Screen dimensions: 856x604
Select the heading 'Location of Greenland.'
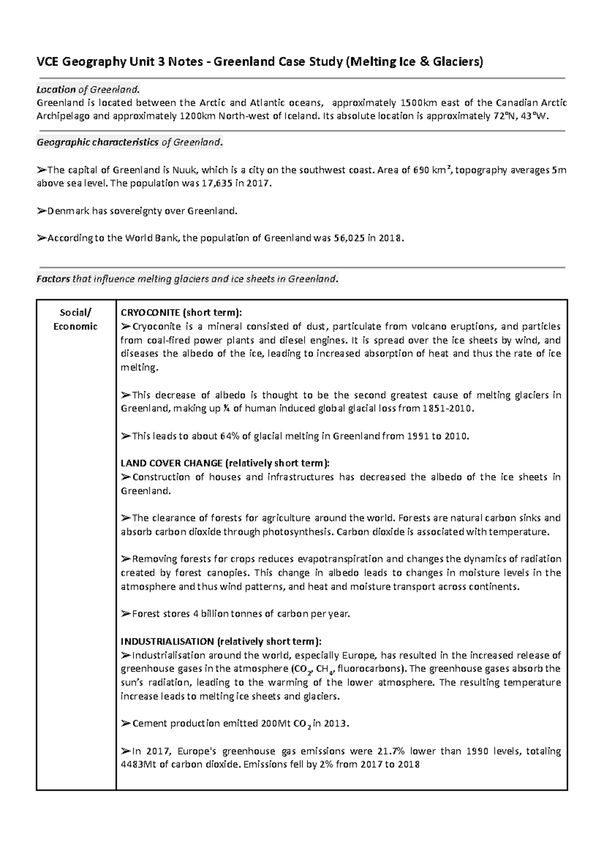87,90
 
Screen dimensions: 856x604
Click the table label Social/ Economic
75,319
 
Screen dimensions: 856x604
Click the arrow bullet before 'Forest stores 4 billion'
126,614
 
